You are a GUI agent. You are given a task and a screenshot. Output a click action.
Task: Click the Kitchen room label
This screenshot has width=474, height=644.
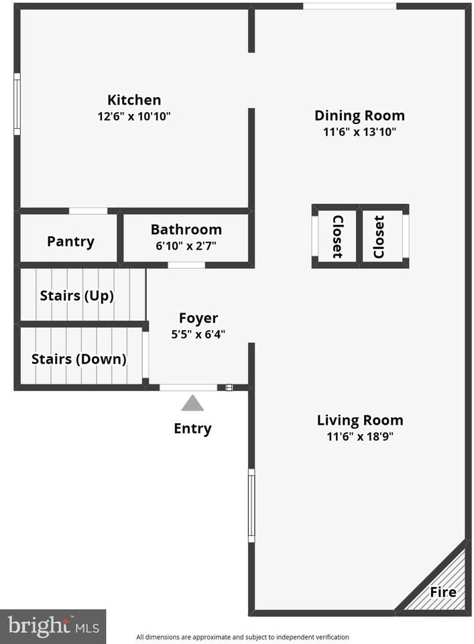134,100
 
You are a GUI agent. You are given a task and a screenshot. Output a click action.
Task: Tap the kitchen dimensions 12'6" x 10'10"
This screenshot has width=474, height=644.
134,116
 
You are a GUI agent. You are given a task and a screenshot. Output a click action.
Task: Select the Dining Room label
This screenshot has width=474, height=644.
359,116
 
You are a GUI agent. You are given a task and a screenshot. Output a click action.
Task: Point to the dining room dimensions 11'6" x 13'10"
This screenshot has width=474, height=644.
359,132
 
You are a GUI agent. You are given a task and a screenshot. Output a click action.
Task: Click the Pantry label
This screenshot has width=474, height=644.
70,241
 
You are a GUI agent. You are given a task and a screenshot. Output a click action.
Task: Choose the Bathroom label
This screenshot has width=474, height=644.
186,229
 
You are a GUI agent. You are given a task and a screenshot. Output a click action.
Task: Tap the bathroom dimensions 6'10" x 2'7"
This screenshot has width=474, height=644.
186,246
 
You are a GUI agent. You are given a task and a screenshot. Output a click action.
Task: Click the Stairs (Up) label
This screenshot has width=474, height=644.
76,296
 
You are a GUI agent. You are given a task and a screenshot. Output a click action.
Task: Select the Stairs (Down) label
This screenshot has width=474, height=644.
79,359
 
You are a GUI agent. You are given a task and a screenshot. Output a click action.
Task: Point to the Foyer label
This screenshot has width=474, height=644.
198,318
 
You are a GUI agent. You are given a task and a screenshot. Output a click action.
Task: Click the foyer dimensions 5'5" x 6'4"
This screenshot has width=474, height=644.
198,334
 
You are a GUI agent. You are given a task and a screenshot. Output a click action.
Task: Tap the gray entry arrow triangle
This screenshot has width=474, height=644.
192,404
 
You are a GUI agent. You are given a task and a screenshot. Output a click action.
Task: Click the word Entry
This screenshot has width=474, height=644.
192,429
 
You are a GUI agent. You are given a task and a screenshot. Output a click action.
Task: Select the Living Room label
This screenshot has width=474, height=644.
360,420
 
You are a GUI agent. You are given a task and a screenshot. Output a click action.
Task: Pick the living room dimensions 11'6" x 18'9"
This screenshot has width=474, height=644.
360,436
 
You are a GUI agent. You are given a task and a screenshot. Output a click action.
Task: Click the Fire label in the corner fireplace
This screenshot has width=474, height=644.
443,592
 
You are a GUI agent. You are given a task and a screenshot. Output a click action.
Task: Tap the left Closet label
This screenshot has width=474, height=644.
337,237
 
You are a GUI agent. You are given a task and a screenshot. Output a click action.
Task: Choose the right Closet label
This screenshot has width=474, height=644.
378,237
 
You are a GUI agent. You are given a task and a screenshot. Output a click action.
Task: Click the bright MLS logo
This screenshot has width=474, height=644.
53,627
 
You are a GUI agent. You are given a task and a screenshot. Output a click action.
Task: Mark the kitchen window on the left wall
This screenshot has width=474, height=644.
17,105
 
